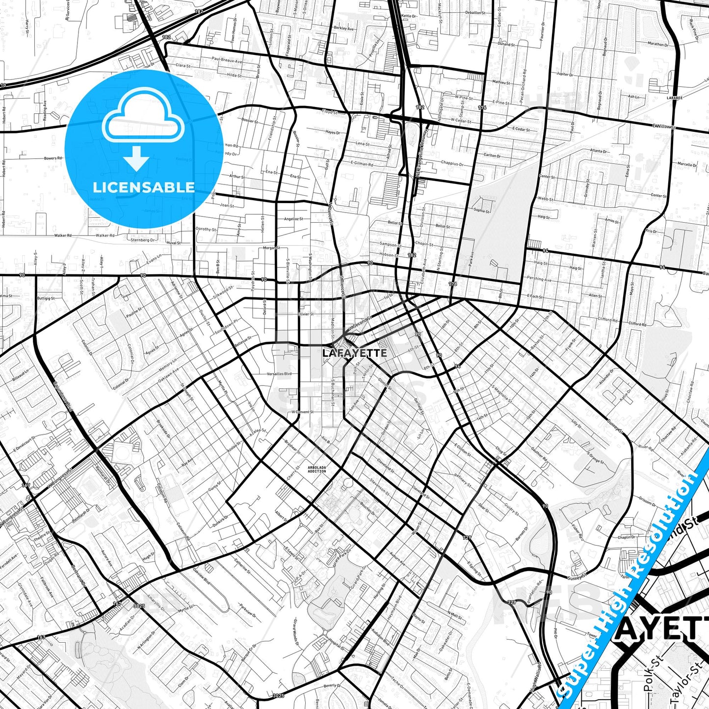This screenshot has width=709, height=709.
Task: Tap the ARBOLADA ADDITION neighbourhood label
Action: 316,469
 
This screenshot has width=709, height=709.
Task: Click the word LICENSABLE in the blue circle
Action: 144,187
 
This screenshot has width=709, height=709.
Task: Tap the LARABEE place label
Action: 674,98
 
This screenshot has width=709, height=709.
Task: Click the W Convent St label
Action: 302,412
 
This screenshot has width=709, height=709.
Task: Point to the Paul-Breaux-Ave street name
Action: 227,60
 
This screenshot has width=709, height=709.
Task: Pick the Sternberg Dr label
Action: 143,240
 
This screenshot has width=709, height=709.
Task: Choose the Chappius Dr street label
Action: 452,163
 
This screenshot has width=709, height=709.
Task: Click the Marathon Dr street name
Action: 657,44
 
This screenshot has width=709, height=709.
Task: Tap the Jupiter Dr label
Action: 565,74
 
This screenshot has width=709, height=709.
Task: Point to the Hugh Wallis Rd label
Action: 535,677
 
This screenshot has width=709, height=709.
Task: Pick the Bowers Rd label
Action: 53,158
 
